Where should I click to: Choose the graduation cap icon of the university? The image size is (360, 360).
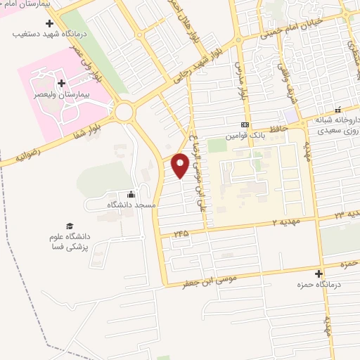coord(69,226)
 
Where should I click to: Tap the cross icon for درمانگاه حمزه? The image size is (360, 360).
coord(319,274)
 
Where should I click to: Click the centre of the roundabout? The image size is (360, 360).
coord(125,111)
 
